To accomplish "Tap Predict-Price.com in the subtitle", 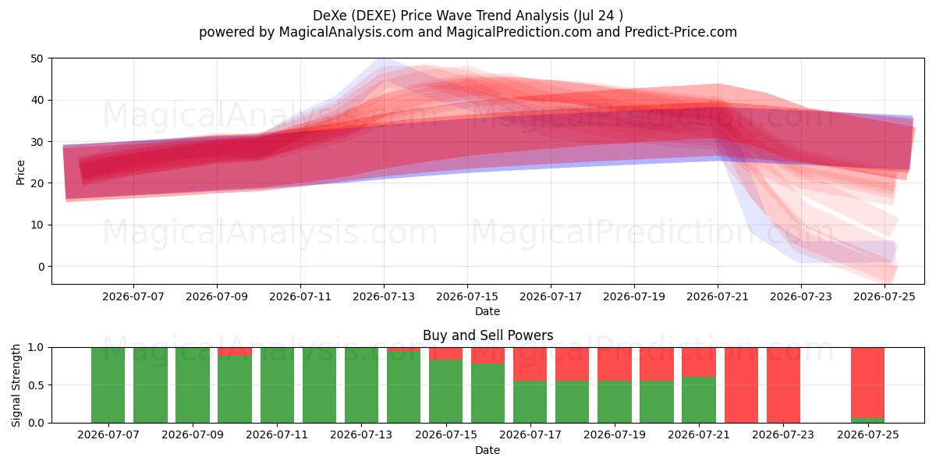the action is coord(681,32).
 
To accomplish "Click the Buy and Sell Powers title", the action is coord(487,335).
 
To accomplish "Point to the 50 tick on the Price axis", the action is coord(37,58).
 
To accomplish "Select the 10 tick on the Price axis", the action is coord(37,225).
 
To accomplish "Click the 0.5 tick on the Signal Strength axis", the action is coord(36,385).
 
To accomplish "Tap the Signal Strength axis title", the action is coord(16,385).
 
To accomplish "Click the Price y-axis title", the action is coord(20,172).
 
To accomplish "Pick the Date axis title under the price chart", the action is coord(487,311).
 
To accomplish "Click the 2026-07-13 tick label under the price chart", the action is coord(384,296).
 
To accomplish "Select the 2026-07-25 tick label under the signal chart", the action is coord(868,434).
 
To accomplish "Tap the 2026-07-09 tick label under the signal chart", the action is coord(193,434).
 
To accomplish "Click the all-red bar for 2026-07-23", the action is coord(783,385).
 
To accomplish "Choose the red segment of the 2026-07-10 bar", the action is coord(235,352).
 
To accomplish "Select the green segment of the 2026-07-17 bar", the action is coord(530,402).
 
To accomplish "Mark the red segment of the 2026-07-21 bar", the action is coord(699,362).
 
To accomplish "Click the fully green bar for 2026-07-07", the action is coord(108,385).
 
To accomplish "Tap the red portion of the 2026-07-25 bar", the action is coord(868,383).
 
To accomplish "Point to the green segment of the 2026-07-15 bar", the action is coord(446,391).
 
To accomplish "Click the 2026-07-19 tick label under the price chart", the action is coord(634,296).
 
